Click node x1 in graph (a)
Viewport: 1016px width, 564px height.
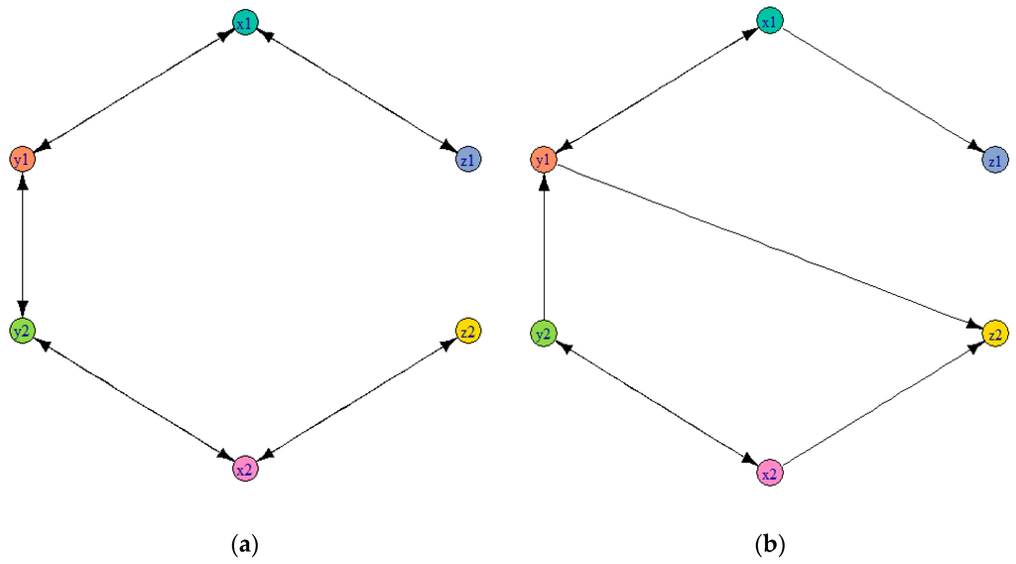click(x=245, y=21)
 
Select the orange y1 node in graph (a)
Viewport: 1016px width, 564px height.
click(x=22, y=159)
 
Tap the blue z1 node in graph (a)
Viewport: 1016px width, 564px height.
click(x=468, y=159)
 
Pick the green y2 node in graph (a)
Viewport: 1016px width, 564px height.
click(x=22, y=331)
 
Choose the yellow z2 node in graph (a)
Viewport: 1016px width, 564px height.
click(x=468, y=331)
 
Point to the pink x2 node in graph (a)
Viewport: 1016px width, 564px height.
click(x=245, y=468)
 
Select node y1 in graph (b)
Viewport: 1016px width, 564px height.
click(x=543, y=159)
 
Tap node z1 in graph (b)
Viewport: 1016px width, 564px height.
click(x=993, y=160)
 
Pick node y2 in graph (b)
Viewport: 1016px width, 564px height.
click(x=543, y=334)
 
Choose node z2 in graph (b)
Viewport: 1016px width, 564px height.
click(x=995, y=334)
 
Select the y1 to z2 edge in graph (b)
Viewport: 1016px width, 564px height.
click(x=769, y=245)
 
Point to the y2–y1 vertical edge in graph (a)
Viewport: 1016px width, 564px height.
click(x=22, y=245)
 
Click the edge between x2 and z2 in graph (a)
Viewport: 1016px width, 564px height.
click(x=357, y=399)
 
